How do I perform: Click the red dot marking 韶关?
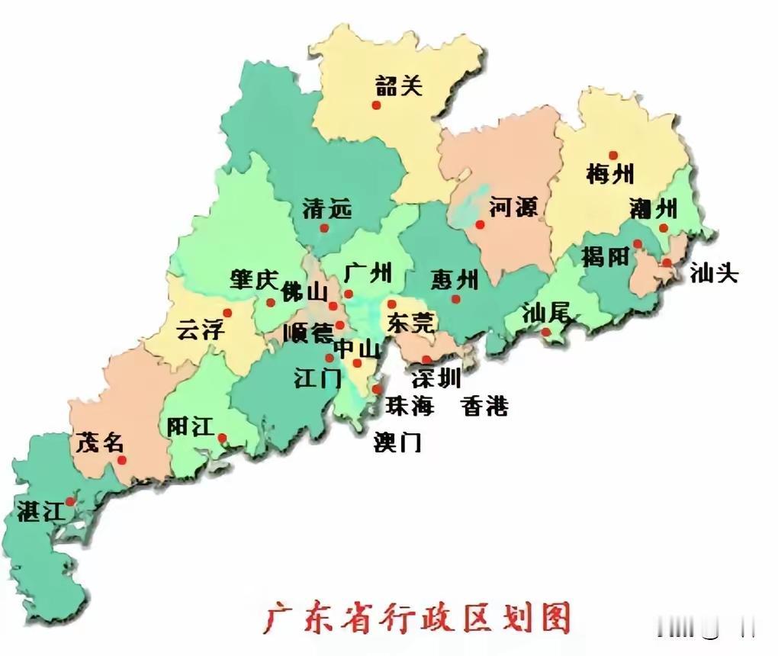tap(376, 105)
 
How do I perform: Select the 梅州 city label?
tap(610, 174)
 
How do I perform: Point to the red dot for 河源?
tap(480, 224)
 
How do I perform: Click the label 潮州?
tap(653, 207)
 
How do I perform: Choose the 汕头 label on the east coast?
tap(714, 274)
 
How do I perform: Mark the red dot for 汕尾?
tap(546, 332)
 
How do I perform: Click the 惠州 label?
tap(455, 279)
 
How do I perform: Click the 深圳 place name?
tap(436, 378)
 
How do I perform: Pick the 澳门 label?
tap(397, 442)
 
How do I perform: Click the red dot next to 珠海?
tap(378, 390)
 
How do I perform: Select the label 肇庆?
tap(254, 280)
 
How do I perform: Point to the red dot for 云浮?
tap(227, 313)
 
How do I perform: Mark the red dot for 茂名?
tap(122, 460)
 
